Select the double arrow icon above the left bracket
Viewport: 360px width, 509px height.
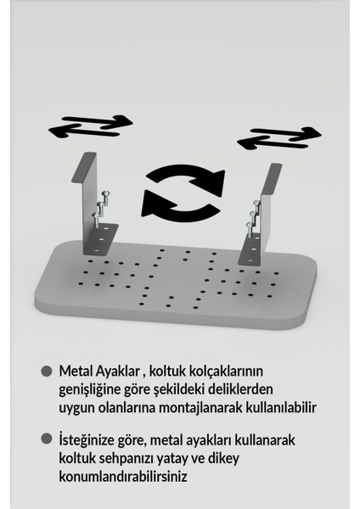coord(89,126)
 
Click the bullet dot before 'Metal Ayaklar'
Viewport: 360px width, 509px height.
coord(47,372)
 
